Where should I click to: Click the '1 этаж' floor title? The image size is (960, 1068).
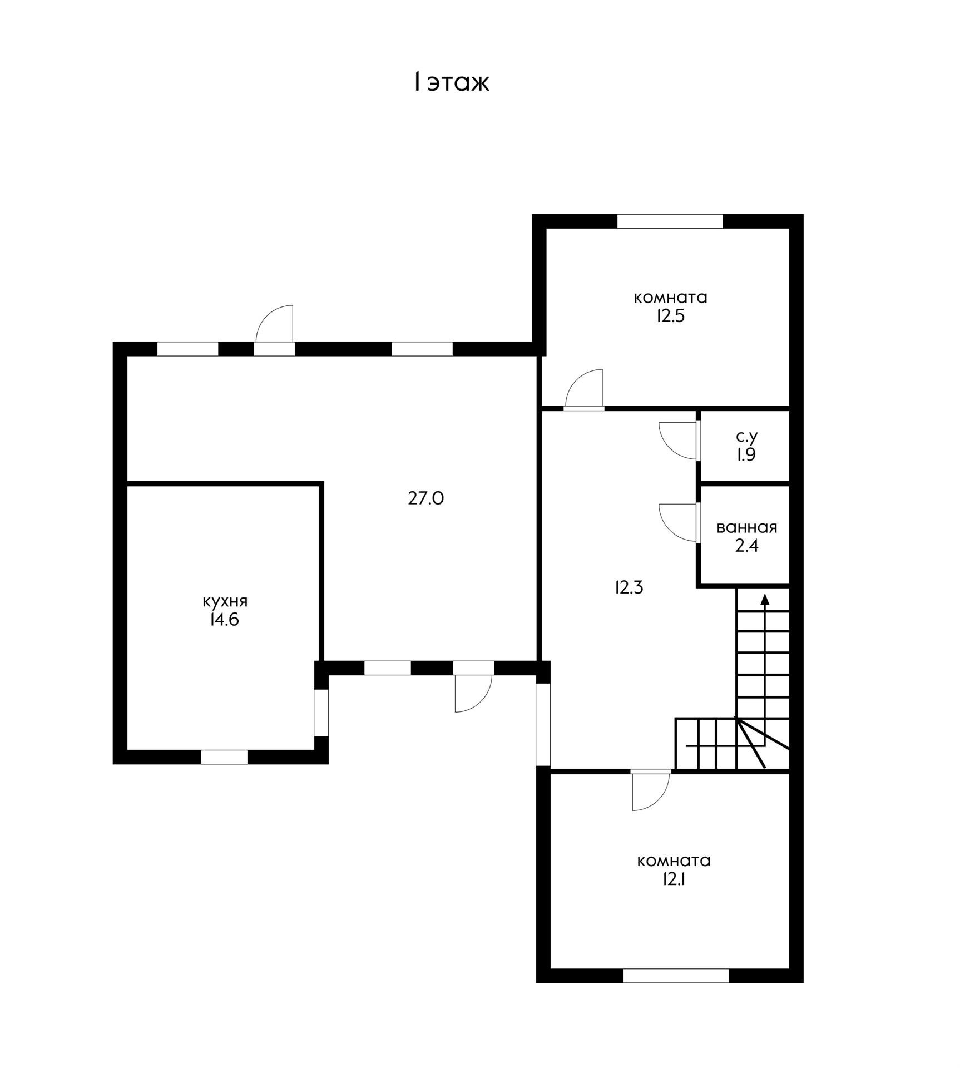(451, 82)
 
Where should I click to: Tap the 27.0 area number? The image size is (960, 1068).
(426, 498)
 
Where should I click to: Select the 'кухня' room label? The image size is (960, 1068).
(225, 602)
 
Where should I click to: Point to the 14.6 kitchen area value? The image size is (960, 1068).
(224, 620)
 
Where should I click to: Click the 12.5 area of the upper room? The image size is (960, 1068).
(670, 316)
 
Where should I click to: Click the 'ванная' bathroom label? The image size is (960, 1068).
(747, 527)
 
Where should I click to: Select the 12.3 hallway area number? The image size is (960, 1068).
(629, 587)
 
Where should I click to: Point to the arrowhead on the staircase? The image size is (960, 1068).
(765, 600)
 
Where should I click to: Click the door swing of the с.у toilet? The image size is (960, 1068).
(677, 441)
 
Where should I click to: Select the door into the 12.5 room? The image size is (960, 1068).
(584, 389)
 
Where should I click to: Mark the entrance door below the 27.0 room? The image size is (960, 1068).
(473, 694)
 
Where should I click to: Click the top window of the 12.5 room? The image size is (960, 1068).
(670, 221)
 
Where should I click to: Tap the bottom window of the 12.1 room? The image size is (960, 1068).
(676, 976)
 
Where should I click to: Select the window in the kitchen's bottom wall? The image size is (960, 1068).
(224, 757)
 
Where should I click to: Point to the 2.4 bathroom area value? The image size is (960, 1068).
(747, 546)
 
